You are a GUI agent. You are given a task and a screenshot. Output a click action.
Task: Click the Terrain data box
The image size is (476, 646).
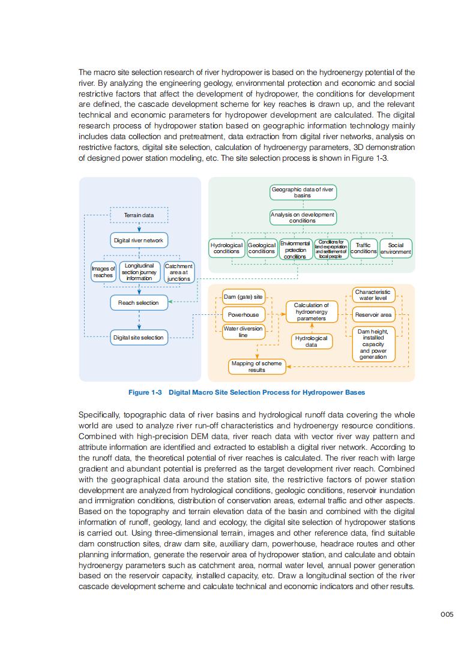click(139, 215)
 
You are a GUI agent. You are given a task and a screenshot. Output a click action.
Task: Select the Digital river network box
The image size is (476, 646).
click(139, 241)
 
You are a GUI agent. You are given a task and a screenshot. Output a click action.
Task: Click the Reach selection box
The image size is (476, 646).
click(139, 303)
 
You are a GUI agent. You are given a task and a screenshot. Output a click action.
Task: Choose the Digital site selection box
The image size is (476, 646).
click(139, 337)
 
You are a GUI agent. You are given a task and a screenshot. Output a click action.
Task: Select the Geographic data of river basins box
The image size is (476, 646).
click(303, 193)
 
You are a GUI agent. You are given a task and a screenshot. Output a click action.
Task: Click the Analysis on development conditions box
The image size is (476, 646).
click(303, 217)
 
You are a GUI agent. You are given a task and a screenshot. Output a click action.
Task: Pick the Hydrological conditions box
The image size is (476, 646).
click(226, 248)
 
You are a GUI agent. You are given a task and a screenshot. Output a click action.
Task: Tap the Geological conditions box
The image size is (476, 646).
click(262, 248)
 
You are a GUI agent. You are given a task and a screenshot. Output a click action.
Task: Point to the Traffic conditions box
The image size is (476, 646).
click(363, 248)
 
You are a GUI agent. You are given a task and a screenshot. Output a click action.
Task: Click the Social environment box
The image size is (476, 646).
click(396, 248)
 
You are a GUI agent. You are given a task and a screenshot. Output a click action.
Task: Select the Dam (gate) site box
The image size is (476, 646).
click(243, 297)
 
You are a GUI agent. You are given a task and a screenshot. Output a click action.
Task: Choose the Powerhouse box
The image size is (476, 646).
click(243, 314)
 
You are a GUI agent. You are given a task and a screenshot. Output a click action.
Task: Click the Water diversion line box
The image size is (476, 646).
click(243, 332)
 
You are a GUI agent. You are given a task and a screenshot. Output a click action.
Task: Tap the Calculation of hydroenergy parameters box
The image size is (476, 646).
click(311, 312)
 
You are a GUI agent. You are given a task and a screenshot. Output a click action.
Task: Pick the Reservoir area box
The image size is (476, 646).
click(373, 314)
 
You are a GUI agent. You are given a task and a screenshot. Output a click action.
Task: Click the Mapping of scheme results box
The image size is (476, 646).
click(256, 366)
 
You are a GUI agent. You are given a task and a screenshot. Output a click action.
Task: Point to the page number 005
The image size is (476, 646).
click(446, 614)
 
